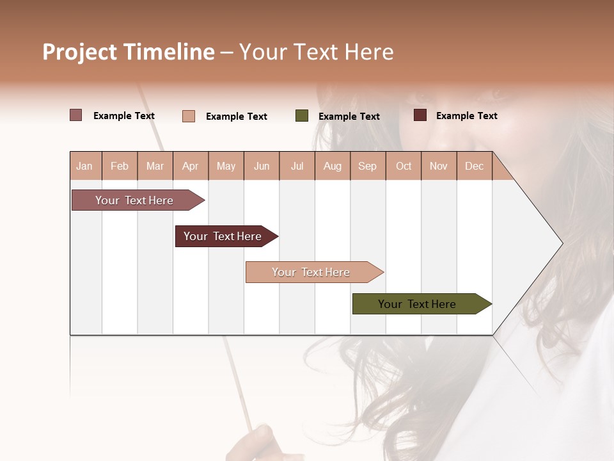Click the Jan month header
(84, 166)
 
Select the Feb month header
(120, 166)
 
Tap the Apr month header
(190, 166)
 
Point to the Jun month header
(262, 166)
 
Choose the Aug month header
(332, 166)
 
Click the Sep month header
(367, 166)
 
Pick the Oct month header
(404, 166)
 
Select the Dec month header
(474, 166)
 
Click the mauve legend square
(75, 115)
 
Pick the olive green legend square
(302, 116)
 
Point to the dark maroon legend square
(420, 115)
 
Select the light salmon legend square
(189, 116)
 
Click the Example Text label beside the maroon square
(466, 116)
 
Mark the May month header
(226, 166)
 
